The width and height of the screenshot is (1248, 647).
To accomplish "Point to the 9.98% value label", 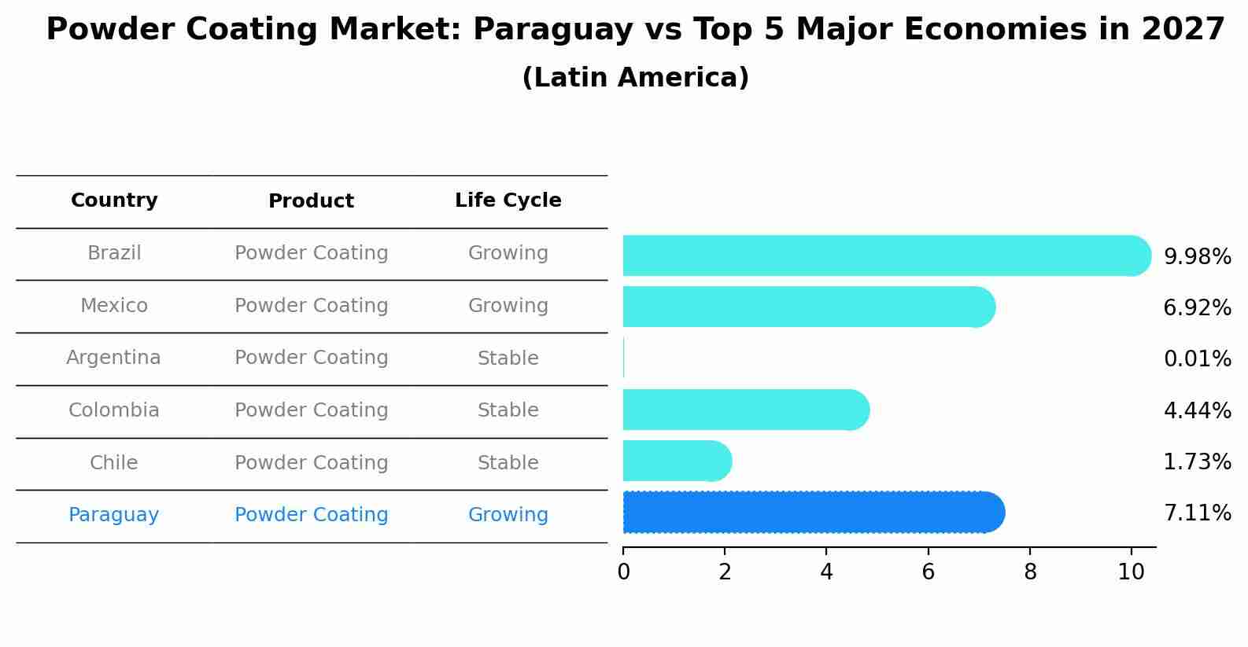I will click(1197, 257).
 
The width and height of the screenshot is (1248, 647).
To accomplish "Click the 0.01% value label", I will click(1197, 359).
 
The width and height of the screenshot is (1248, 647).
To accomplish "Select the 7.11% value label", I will click(1197, 513).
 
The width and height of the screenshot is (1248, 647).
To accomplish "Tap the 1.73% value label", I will click(1197, 462).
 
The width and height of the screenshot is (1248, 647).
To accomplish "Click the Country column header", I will click(114, 200).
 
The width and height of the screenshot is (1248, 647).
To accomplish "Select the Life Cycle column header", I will click(508, 200).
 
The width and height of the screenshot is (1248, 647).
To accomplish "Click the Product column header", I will click(311, 201).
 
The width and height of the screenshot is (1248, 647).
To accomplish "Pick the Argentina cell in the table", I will click(113, 358).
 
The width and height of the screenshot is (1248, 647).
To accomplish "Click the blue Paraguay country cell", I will click(113, 515).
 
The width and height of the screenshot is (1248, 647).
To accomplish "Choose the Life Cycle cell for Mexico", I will click(508, 306).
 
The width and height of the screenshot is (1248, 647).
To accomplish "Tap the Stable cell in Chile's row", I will click(508, 463).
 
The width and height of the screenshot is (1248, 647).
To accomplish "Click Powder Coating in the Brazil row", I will click(311, 253).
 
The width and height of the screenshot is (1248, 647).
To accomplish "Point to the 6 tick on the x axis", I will click(928, 572).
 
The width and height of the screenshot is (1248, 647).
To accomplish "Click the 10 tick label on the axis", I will click(1131, 572).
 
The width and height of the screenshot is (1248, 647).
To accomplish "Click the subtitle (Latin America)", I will click(635, 78).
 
